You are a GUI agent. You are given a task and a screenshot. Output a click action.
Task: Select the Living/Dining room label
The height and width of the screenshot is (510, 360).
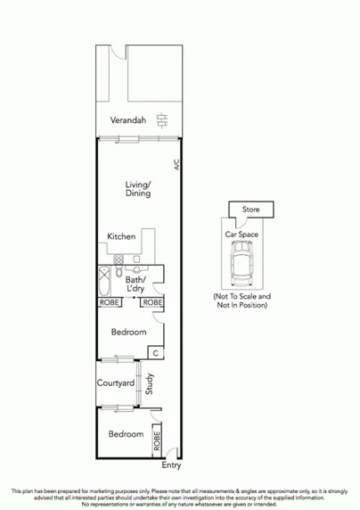(x=137, y=189)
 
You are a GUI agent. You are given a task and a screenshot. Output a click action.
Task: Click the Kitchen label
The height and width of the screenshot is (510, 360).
(x=121, y=236)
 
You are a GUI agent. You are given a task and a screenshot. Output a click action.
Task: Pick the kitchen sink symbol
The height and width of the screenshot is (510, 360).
(x=135, y=269)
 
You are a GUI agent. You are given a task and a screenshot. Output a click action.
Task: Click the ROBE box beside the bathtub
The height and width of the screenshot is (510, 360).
(x=109, y=303)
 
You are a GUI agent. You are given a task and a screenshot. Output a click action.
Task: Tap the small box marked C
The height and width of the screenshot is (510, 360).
(x=155, y=353)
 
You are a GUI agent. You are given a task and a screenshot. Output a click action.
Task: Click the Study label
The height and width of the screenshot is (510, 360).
(x=150, y=384)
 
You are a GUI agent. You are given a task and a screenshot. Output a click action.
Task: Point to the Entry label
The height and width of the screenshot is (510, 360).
(x=170, y=465)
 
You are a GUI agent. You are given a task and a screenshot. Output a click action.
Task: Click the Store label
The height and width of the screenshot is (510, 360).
(x=251, y=210)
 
